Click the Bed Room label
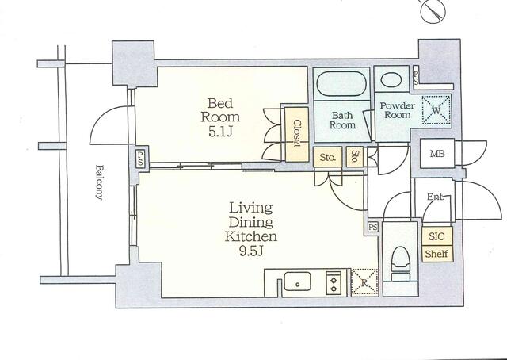(x=220, y=110)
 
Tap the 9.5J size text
(x=250, y=251)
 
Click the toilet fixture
(x=400, y=264)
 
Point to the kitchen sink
(x=297, y=281)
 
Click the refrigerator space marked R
(x=364, y=282)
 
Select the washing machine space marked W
(x=436, y=110)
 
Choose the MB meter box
(x=437, y=154)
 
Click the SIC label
(x=436, y=236)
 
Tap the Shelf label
(x=436, y=254)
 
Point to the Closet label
(x=297, y=134)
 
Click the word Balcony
(x=99, y=182)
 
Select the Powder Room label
(x=398, y=110)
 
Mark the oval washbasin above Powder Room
(x=391, y=79)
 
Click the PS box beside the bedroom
(x=139, y=159)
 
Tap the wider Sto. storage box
(x=327, y=157)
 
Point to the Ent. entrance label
(x=435, y=197)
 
